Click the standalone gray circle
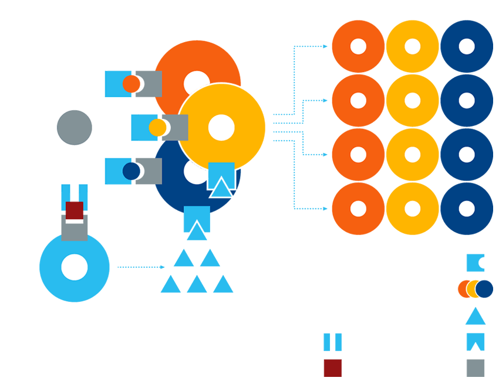point(75,128)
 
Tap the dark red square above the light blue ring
point(75,210)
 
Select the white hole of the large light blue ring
point(75,267)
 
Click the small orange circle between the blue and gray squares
point(132,84)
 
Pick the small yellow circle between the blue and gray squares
point(157,128)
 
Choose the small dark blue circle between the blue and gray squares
point(132,171)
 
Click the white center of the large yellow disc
point(221,128)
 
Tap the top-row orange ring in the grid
point(358,47)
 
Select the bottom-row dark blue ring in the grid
point(467,209)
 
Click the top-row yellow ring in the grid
point(413,47)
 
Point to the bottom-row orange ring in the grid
point(358,209)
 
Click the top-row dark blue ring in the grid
point(467,47)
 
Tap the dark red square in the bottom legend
point(333,368)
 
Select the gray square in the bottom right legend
point(476,368)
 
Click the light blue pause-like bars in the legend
point(333,342)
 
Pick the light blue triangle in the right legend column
point(476,317)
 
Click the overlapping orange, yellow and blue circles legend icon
point(475,289)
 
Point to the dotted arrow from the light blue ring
point(141,267)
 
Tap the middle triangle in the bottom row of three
point(197,285)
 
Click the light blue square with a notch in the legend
point(475,263)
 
